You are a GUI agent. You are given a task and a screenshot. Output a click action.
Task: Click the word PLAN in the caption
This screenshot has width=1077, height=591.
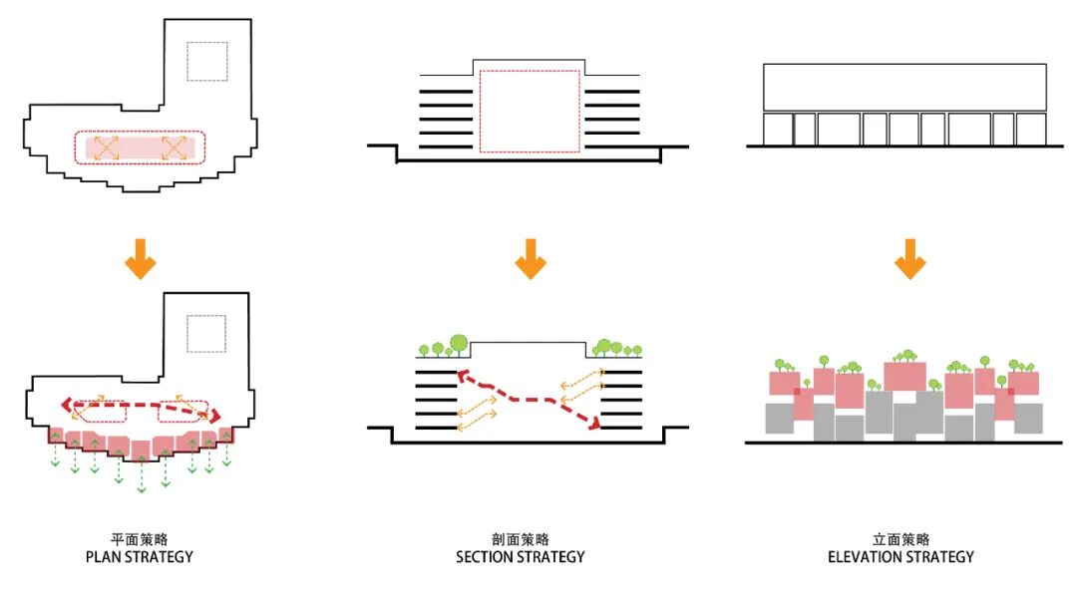click(106, 556)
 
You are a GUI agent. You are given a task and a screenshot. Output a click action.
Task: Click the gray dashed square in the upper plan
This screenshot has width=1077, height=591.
click(207, 62)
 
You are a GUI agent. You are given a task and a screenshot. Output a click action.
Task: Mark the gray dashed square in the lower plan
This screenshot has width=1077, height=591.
click(207, 333)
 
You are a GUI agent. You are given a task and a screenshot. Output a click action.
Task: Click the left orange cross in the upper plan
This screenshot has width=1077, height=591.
click(107, 148)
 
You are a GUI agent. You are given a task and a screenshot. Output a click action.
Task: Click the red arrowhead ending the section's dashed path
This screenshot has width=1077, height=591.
click(596, 426)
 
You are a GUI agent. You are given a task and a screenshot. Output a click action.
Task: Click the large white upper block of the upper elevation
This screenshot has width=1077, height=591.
click(903, 87)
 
